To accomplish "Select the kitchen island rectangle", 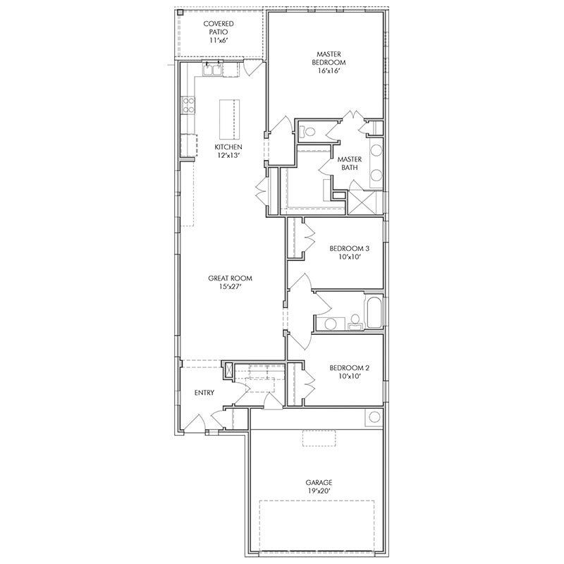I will (228, 121).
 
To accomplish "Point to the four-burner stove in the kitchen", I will (189, 106).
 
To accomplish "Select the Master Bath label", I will (349, 164).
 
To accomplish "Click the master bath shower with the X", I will (365, 203).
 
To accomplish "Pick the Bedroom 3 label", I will (349, 248).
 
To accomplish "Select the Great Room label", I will (230, 278).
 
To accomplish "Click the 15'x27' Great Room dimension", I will (230, 288).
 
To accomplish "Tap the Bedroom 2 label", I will (349, 367).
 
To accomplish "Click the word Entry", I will (204, 393).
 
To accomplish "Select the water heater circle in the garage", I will (373, 417).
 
